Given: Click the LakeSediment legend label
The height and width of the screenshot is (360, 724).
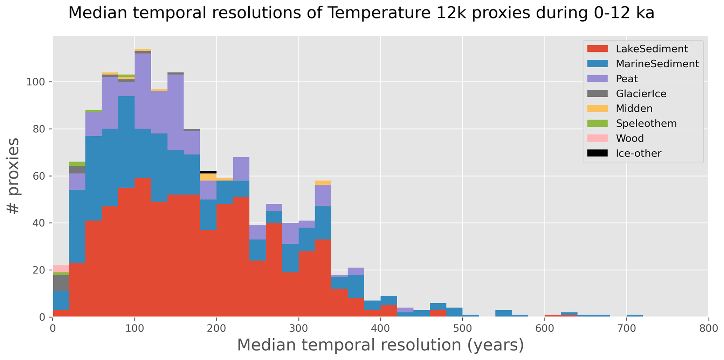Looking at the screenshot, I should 651,49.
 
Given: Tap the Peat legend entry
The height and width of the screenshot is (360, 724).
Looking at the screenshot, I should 627,79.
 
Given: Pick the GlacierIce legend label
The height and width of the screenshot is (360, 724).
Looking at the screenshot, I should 641,94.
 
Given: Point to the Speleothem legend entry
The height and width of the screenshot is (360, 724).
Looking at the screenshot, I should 646,124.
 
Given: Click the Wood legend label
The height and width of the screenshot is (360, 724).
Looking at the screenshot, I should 630,139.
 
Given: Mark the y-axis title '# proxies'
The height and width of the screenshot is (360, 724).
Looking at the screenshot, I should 14,176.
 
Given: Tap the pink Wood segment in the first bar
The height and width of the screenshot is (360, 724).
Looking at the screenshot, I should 61,269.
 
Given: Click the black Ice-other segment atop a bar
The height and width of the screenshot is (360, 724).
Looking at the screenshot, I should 208,172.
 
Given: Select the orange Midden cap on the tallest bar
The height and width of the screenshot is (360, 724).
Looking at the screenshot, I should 143,50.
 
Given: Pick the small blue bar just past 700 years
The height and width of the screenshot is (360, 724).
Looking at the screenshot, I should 635,316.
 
